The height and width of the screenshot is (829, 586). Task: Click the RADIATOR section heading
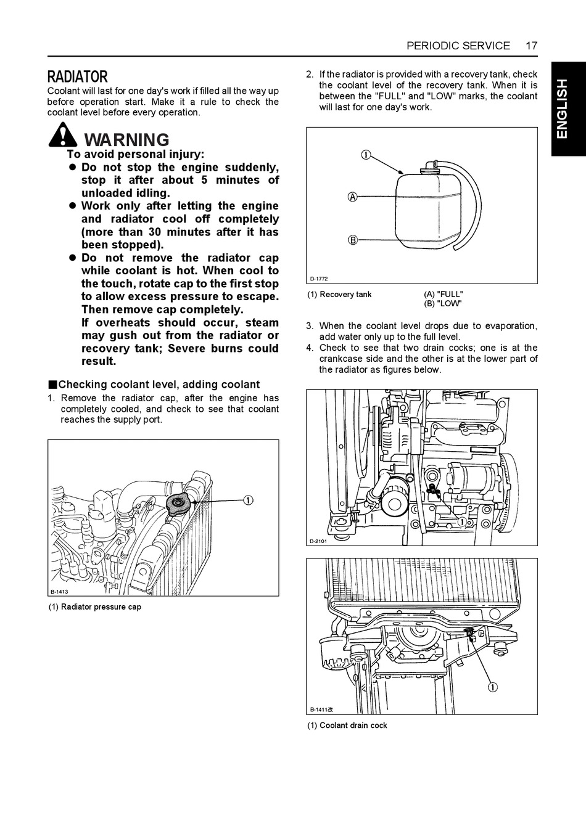coord(78,76)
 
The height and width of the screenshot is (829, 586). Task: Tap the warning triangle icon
coord(63,135)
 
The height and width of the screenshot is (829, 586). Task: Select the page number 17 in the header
coord(531,46)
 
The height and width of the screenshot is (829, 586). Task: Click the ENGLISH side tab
coord(563,109)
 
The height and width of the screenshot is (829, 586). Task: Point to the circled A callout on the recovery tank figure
coord(353,197)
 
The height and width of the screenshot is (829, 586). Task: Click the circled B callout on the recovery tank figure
coord(353,240)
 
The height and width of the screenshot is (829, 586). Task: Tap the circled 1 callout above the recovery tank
coord(366,154)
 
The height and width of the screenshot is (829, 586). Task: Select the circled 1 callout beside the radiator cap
coord(248,500)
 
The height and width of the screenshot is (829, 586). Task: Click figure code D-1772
coord(318,279)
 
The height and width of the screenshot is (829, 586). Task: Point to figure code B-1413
coord(59,592)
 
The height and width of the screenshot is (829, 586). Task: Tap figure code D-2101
coord(318,541)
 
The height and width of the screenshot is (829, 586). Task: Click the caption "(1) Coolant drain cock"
coord(347,725)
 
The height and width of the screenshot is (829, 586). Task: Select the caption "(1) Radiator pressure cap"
coord(95,606)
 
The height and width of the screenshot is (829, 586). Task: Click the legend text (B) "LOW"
coord(443,304)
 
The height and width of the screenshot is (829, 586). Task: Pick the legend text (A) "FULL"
coord(444,294)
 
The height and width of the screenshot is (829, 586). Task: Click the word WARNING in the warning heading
coord(126,140)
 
